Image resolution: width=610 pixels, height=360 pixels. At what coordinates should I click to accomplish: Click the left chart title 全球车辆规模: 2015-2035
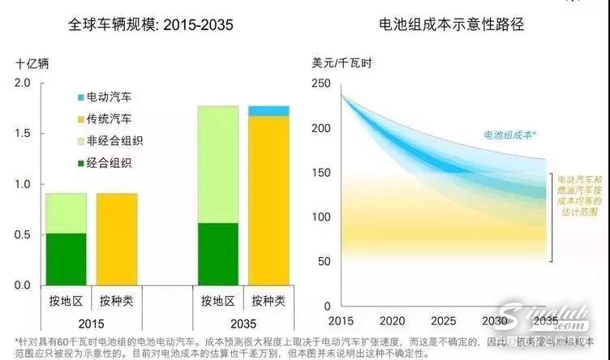tap(151, 25)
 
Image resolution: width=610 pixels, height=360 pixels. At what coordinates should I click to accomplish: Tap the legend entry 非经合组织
tap(114, 140)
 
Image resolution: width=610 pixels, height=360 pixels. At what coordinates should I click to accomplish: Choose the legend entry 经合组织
tap(110, 163)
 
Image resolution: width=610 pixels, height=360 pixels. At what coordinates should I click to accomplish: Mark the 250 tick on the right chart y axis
tap(321, 84)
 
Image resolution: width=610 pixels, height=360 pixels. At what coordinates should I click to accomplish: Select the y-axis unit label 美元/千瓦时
tap(343, 62)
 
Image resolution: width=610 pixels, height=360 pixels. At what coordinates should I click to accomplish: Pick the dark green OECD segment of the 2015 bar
tap(66, 259)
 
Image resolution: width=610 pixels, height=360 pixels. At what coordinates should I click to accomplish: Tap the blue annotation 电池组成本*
tap(512, 135)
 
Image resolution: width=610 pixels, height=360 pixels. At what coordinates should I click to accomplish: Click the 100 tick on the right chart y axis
tap(321, 217)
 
